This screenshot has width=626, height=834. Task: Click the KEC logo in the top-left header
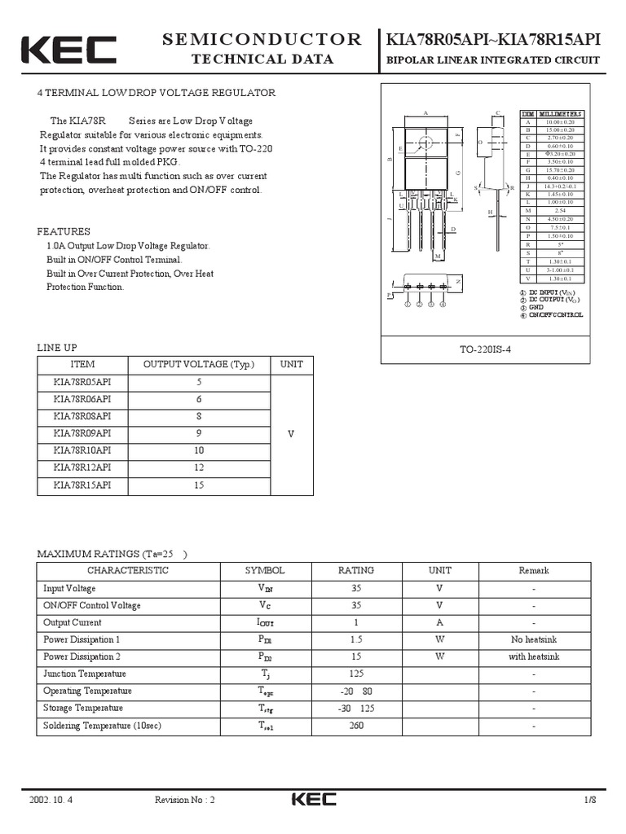pyautogui.click(x=68, y=50)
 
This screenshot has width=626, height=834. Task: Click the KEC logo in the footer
pyautogui.click(x=313, y=800)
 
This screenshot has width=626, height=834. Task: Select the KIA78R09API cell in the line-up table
pyautogui.click(x=82, y=433)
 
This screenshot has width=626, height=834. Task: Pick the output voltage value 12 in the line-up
pyautogui.click(x=199, y=467)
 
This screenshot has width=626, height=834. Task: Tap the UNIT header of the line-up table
pyautogui.click(x=291, y=364)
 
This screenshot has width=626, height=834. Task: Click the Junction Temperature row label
pyautogui.click(x=85, y=674)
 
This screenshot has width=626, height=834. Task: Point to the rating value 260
pyautogui.click(x=356, y=725)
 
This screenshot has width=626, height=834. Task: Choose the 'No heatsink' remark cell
pyautogui.click(x=534, y=639)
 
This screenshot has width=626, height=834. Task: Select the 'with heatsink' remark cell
pyautogui.click(x=534, y=656)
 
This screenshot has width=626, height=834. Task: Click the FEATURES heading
pyautogui.click(x=64, y=231)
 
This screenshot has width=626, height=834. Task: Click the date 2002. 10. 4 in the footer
pyautogui.click(x=51, y=800)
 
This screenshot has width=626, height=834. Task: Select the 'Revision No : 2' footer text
pyautogui.click(x=185, y=800)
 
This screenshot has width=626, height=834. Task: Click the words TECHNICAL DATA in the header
pyautogui.click(x=262, y=59)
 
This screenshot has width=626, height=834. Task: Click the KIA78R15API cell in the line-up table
pyautogui.click(x=82, y=485)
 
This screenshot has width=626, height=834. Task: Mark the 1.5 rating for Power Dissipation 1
pyautogui.click(x=356, y=639)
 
